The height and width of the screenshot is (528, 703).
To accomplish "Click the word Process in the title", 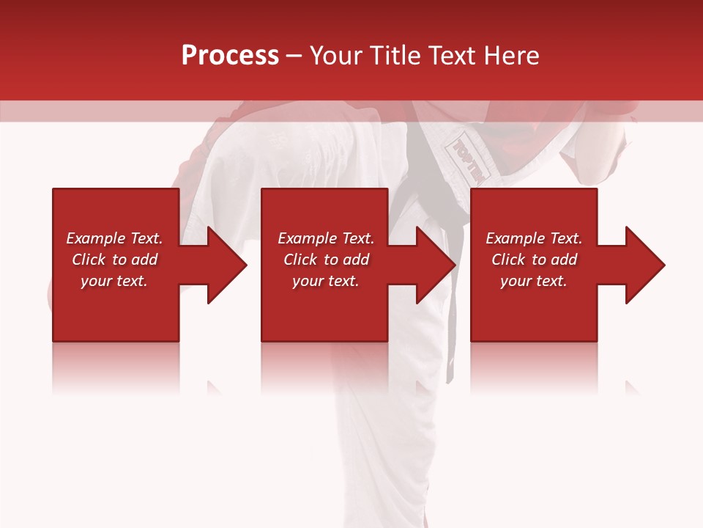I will tap(230, 56).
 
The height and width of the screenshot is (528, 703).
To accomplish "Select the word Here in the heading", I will tap(510, 56).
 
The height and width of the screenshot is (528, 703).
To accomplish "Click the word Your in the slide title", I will tap(337, 56).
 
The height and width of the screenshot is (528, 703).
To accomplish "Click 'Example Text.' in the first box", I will tap(114, 238).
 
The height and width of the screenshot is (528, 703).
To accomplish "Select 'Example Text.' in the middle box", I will tap(326, 238).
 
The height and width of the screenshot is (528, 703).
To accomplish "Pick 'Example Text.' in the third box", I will tap(534, 238).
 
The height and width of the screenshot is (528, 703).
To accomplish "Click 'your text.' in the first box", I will tap(114, 281).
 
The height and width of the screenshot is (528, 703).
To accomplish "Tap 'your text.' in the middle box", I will tap(326, 281).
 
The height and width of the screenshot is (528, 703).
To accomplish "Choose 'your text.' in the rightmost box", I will tap(534, 281).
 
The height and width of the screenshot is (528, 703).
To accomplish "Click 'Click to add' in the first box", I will tap(114, 260).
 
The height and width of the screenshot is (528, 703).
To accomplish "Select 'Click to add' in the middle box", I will tap(326, 260).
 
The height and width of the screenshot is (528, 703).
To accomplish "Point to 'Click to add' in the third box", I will tap(534, 260).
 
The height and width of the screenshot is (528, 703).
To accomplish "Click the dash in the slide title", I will tap(294, 56).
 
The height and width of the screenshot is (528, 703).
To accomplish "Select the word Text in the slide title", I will tap(452, 56).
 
